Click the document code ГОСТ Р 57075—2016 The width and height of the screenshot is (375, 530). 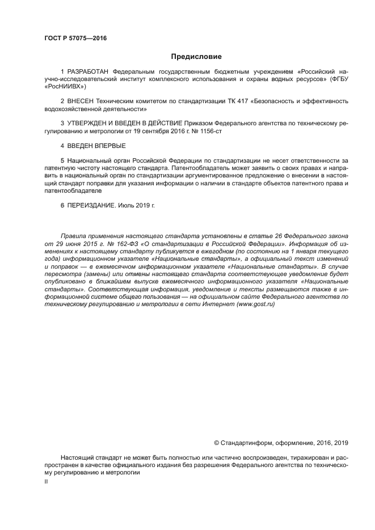(75, 39)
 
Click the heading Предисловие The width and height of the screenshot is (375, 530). (196, 57)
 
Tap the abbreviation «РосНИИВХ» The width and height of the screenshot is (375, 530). (65, 87)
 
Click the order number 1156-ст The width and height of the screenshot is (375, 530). (211, 130)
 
